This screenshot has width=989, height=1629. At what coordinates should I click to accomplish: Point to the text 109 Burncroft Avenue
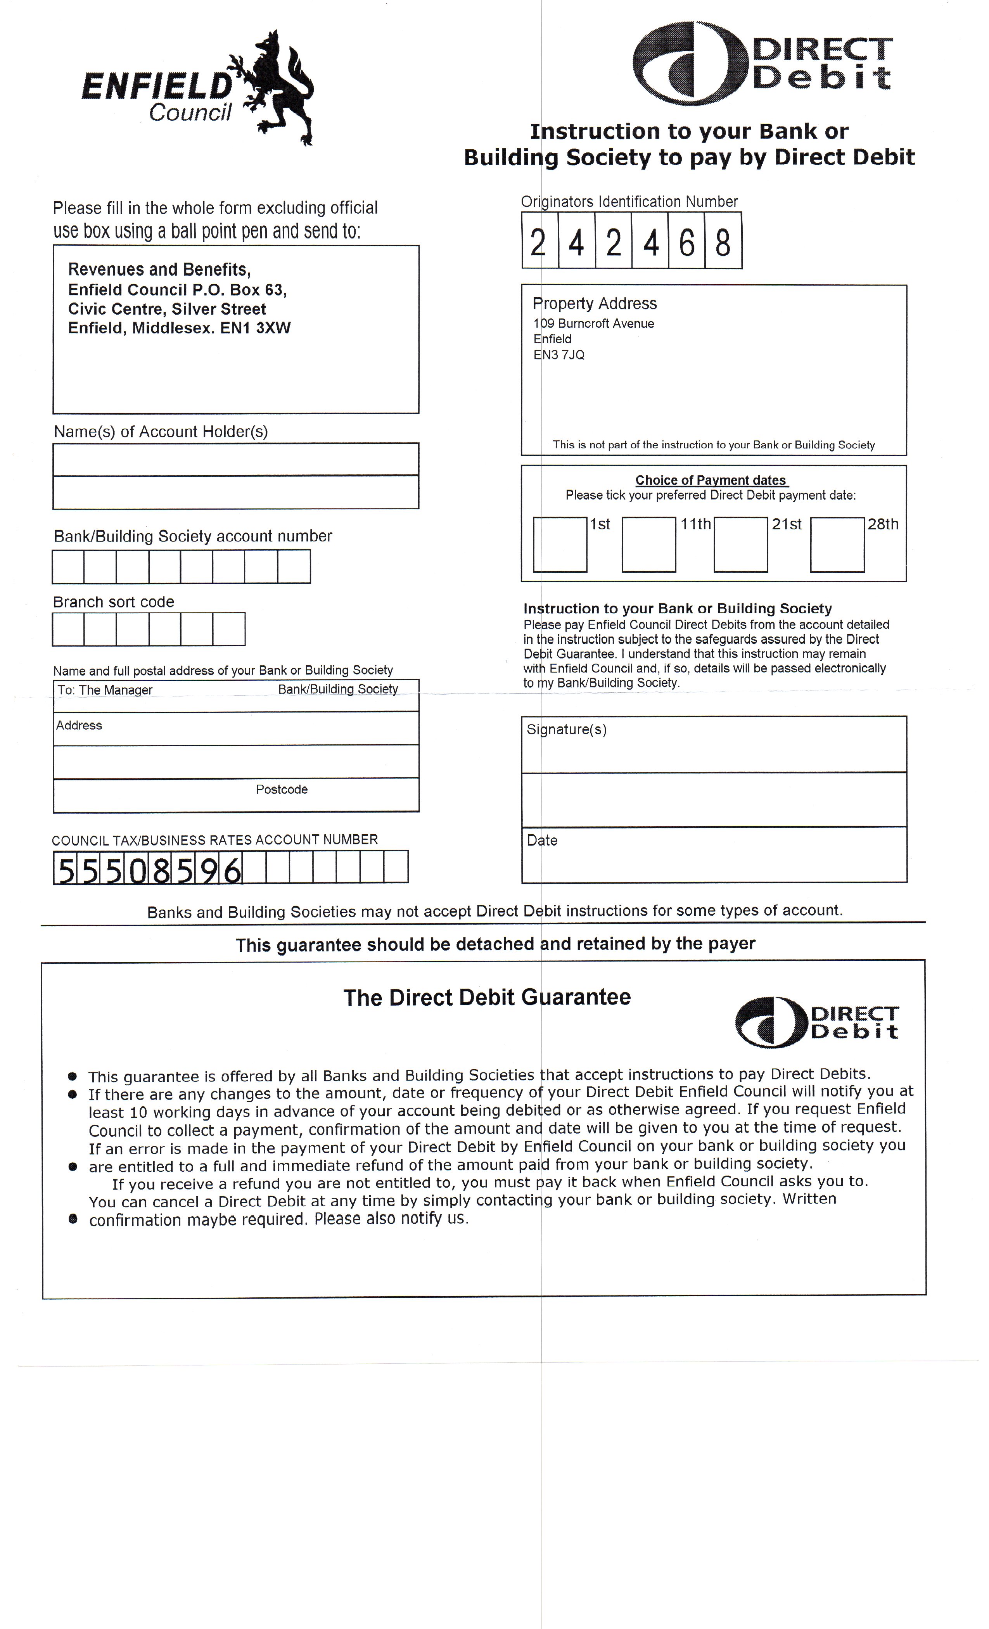point(594,323)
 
